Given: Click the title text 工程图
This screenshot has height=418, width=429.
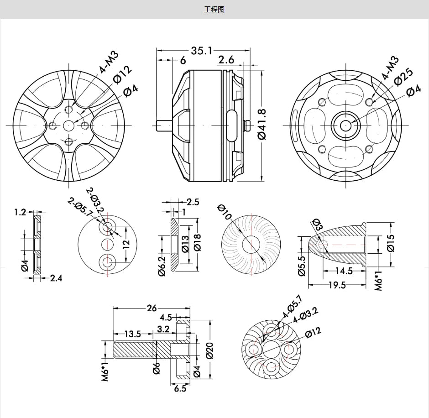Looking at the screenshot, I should tap(214, 9).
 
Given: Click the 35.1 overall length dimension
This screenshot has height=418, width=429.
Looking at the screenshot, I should tap(201, 51).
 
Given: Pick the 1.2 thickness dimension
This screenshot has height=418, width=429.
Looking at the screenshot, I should tap(20, 212).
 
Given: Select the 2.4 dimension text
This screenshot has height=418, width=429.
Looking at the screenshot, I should tap(56, 277).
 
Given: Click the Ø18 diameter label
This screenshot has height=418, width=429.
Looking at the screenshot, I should tap(197, 241).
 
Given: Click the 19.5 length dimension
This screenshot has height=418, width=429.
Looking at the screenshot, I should tap(336, 285).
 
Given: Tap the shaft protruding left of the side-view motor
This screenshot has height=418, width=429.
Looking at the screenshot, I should tap(163, 125).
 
